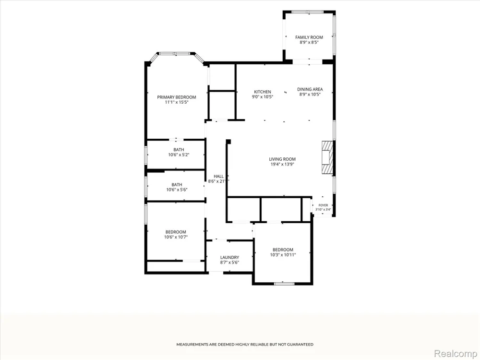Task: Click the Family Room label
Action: coord(309,37)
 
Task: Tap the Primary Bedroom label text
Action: coord(177,97)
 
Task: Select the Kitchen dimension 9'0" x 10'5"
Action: coord(263,97)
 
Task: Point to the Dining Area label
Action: coord(310,89)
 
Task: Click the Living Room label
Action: coord(282,159)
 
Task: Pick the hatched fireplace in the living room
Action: coord(327,158)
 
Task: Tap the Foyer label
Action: coord(323,205)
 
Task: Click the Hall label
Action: coord(218,176)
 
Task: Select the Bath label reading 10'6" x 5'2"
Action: coord(179,152)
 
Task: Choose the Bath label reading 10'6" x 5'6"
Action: coord(177,187)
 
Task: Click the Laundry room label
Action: coord(229,258)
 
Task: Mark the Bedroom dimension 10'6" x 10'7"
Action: coord(176,237)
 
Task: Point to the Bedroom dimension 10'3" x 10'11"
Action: coord(283,255)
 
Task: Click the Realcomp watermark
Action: coord(456,353)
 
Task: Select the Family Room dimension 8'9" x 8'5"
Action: coord(309,43)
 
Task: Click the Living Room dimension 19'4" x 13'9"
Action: coord(282,164)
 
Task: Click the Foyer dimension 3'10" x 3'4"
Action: coord(323,210)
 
